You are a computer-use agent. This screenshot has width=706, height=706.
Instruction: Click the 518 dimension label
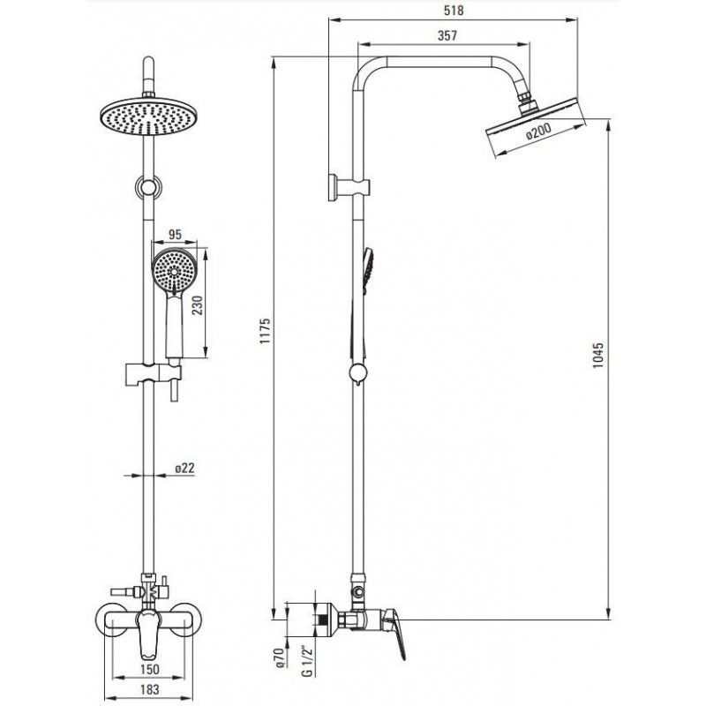tap(454, 10)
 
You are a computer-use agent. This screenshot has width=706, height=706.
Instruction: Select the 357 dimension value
tap(447, 35)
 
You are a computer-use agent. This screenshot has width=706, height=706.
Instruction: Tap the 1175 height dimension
tap(265, 332)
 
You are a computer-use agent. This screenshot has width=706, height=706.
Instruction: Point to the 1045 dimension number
tap(597, 356)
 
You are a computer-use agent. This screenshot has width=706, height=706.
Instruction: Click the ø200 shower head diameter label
tap(538, 131)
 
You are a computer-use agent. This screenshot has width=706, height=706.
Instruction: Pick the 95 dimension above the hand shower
tap(175, 234)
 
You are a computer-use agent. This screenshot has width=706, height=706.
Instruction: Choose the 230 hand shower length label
tap(197, 304)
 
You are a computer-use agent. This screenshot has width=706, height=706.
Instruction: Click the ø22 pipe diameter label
tap(184, 469)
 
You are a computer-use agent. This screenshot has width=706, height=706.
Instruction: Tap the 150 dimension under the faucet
tap(149, 669)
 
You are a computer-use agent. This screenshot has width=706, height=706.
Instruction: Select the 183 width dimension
tap(149, 689)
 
